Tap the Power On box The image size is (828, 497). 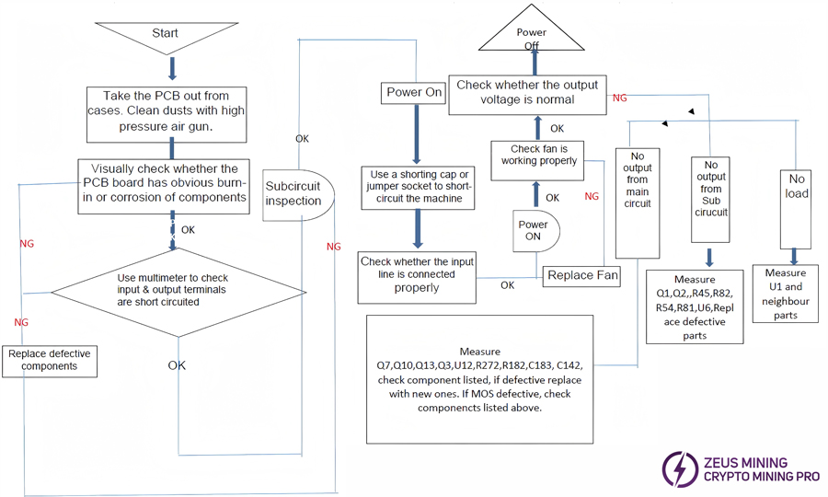point(414,92)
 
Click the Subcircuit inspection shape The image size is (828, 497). point(293,193)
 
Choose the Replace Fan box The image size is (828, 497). point(582,275)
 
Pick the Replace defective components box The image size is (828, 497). point(52,360)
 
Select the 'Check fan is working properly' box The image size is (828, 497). point(538,155)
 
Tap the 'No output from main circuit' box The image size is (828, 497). point(637,189)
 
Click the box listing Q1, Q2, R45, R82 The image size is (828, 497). point(695,306)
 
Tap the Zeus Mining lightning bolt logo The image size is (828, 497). point(679,469)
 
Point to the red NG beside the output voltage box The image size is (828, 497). point(619,98)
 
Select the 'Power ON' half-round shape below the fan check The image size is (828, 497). point(535,230)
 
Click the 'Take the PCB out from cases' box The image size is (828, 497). point(167,114)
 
